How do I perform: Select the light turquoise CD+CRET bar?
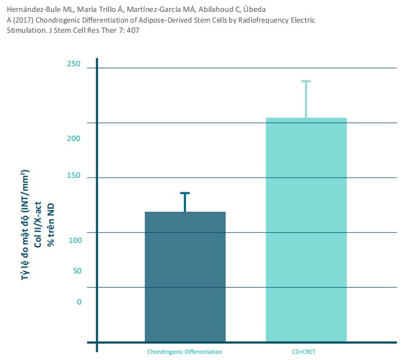point(306,229)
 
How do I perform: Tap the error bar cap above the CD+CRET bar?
point(306,82)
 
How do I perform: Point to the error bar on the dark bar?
point(185,202)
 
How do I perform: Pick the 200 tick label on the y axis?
point(74,139)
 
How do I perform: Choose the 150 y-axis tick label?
point(74,177)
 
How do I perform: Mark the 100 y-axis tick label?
point(74,240)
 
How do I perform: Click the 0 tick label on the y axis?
point(79,302)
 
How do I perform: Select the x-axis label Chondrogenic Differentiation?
point(185,352)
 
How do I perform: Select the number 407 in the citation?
point(133,30)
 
